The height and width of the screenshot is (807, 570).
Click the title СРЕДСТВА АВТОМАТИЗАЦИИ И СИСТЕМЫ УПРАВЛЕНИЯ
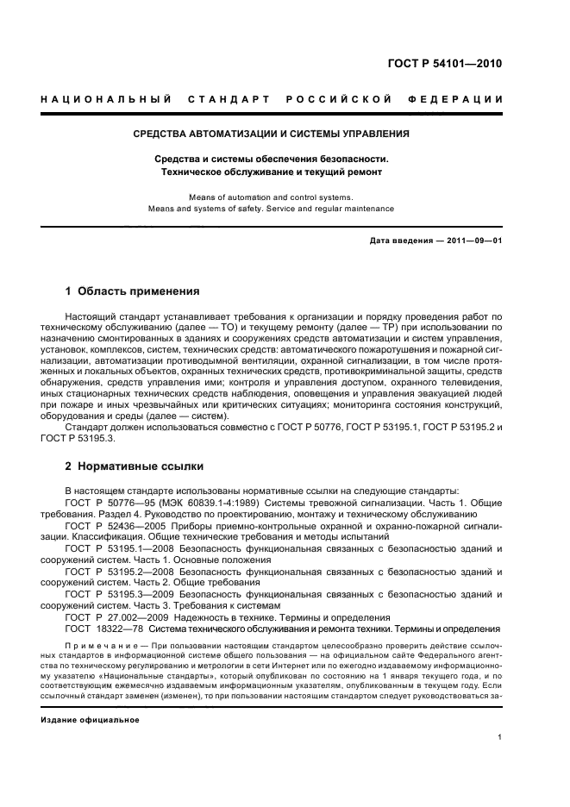coord(271,134)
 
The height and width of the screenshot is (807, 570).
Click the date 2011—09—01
coord(473,241)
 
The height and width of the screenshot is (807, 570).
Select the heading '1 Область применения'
coord(132,291)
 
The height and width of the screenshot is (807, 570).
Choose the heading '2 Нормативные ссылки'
coord(134,466)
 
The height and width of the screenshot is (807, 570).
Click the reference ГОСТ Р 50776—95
coord(110,502)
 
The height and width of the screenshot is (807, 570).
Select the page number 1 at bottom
coord(499,737)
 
